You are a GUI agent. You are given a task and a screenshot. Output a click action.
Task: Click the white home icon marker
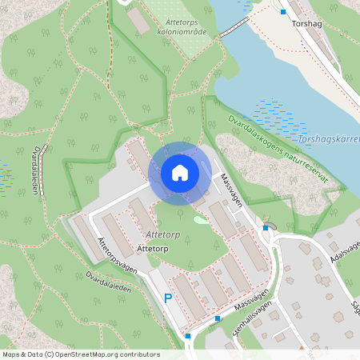[180, 172]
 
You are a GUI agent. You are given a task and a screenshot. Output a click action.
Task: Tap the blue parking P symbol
[168, 298]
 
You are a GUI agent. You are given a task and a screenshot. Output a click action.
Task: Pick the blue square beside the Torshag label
[283, 12]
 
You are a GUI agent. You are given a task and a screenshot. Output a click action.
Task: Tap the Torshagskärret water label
[327, 142]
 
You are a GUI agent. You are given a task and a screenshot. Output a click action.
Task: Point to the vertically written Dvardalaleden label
[36, 166]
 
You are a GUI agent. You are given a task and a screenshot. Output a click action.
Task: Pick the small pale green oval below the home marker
[199, 219]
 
